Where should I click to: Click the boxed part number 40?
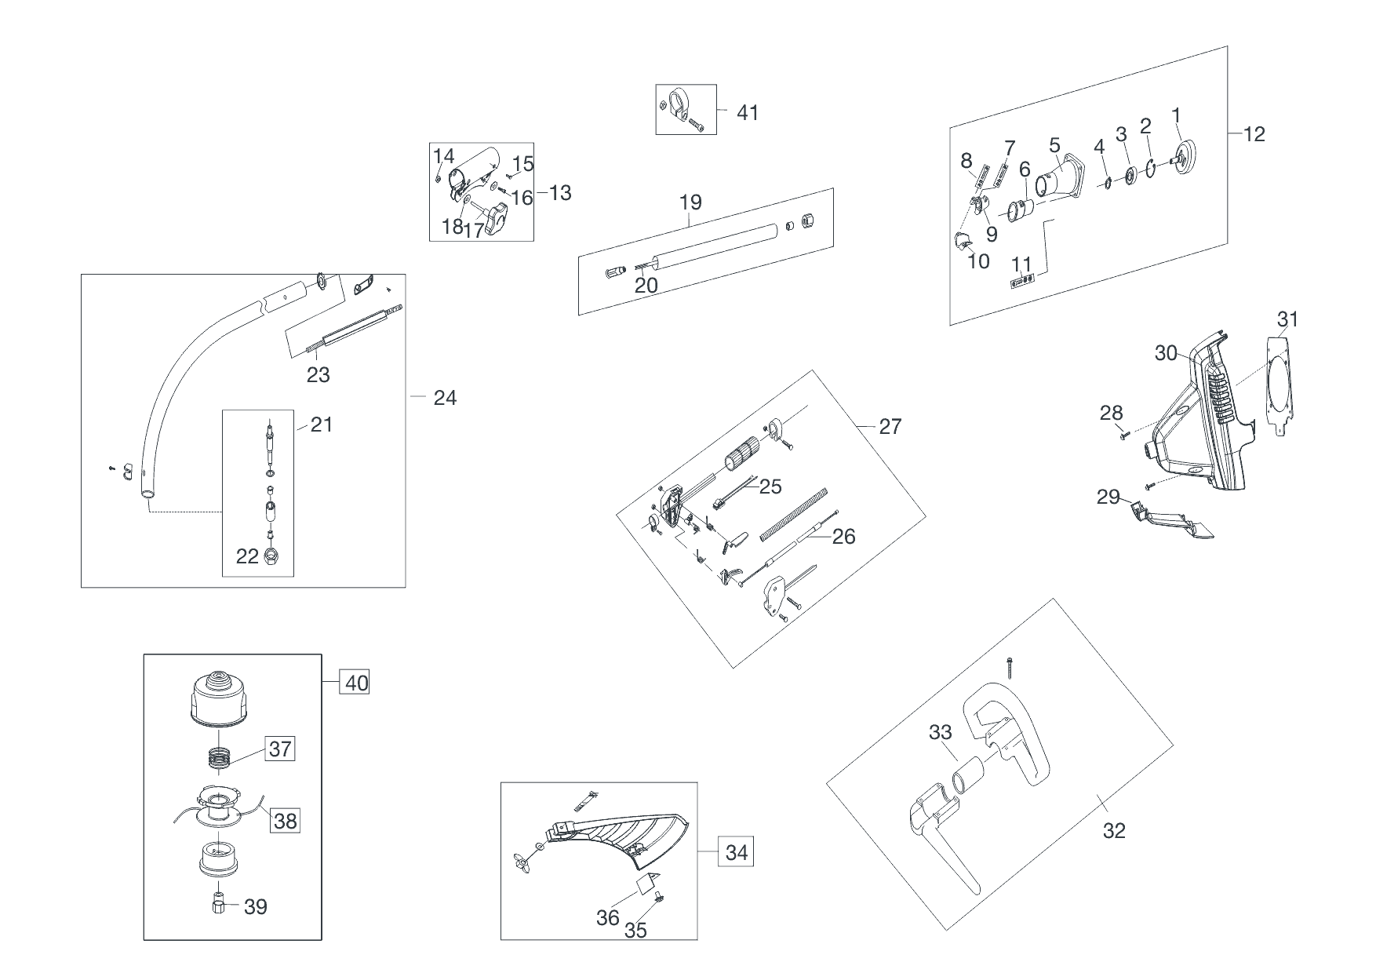coord(356,683)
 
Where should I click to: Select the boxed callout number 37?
coord(280,749)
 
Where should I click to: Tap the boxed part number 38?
coord(286,821)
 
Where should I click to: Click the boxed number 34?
coord(736,852)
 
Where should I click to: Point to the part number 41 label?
coord(748,113)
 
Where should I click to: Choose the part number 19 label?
coord(690,202)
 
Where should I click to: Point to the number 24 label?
coord(445,399)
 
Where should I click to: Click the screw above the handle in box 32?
coord(1010,667)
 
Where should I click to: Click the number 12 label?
coord(1254,134)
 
